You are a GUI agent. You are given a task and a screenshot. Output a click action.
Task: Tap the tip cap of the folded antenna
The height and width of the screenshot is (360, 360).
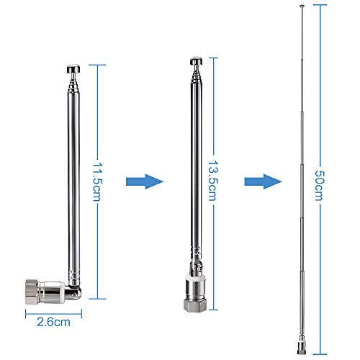(x=74, y=68)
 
